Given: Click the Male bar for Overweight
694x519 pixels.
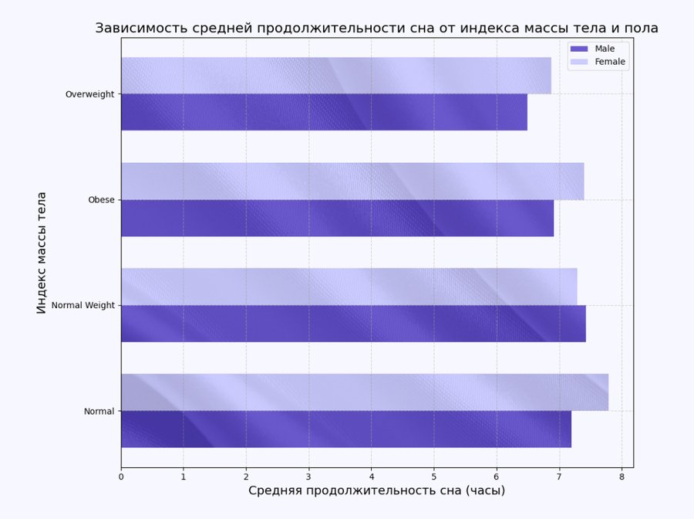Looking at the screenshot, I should [x=324, y=112].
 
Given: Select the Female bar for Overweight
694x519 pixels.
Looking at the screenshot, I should [x=336, y=76].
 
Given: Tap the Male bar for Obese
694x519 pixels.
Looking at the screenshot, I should [x=337, y=218].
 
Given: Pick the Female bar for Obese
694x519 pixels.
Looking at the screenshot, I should [x=352, y=181].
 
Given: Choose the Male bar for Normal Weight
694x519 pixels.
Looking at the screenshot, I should [x=353, y=324].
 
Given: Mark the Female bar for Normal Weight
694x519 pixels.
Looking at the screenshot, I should [x=349, y=287].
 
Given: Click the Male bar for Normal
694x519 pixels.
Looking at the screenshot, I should [x=346, y=429].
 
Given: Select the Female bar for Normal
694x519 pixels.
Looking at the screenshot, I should [x=365, y=392].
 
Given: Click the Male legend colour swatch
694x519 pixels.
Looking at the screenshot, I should [x=578, y=49].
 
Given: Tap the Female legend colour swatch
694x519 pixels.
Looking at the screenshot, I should [x=578, y=62].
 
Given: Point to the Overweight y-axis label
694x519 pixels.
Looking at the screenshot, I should [x=89, y=94].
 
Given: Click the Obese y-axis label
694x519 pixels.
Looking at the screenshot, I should [x=101, y=200].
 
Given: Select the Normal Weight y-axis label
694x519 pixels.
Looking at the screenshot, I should [x=83, y=306].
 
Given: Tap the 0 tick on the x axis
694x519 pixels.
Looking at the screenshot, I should [x=121, y=477].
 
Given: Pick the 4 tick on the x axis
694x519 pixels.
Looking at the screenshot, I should [x=371, y=477].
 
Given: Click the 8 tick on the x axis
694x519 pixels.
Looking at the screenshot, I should [x=622, y=477].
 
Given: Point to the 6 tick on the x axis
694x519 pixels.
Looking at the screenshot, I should [x=497, y=477].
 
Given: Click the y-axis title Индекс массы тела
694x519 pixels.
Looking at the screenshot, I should [x=42, y=253].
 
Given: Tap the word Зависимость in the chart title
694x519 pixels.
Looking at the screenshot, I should [x=140, y=29].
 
